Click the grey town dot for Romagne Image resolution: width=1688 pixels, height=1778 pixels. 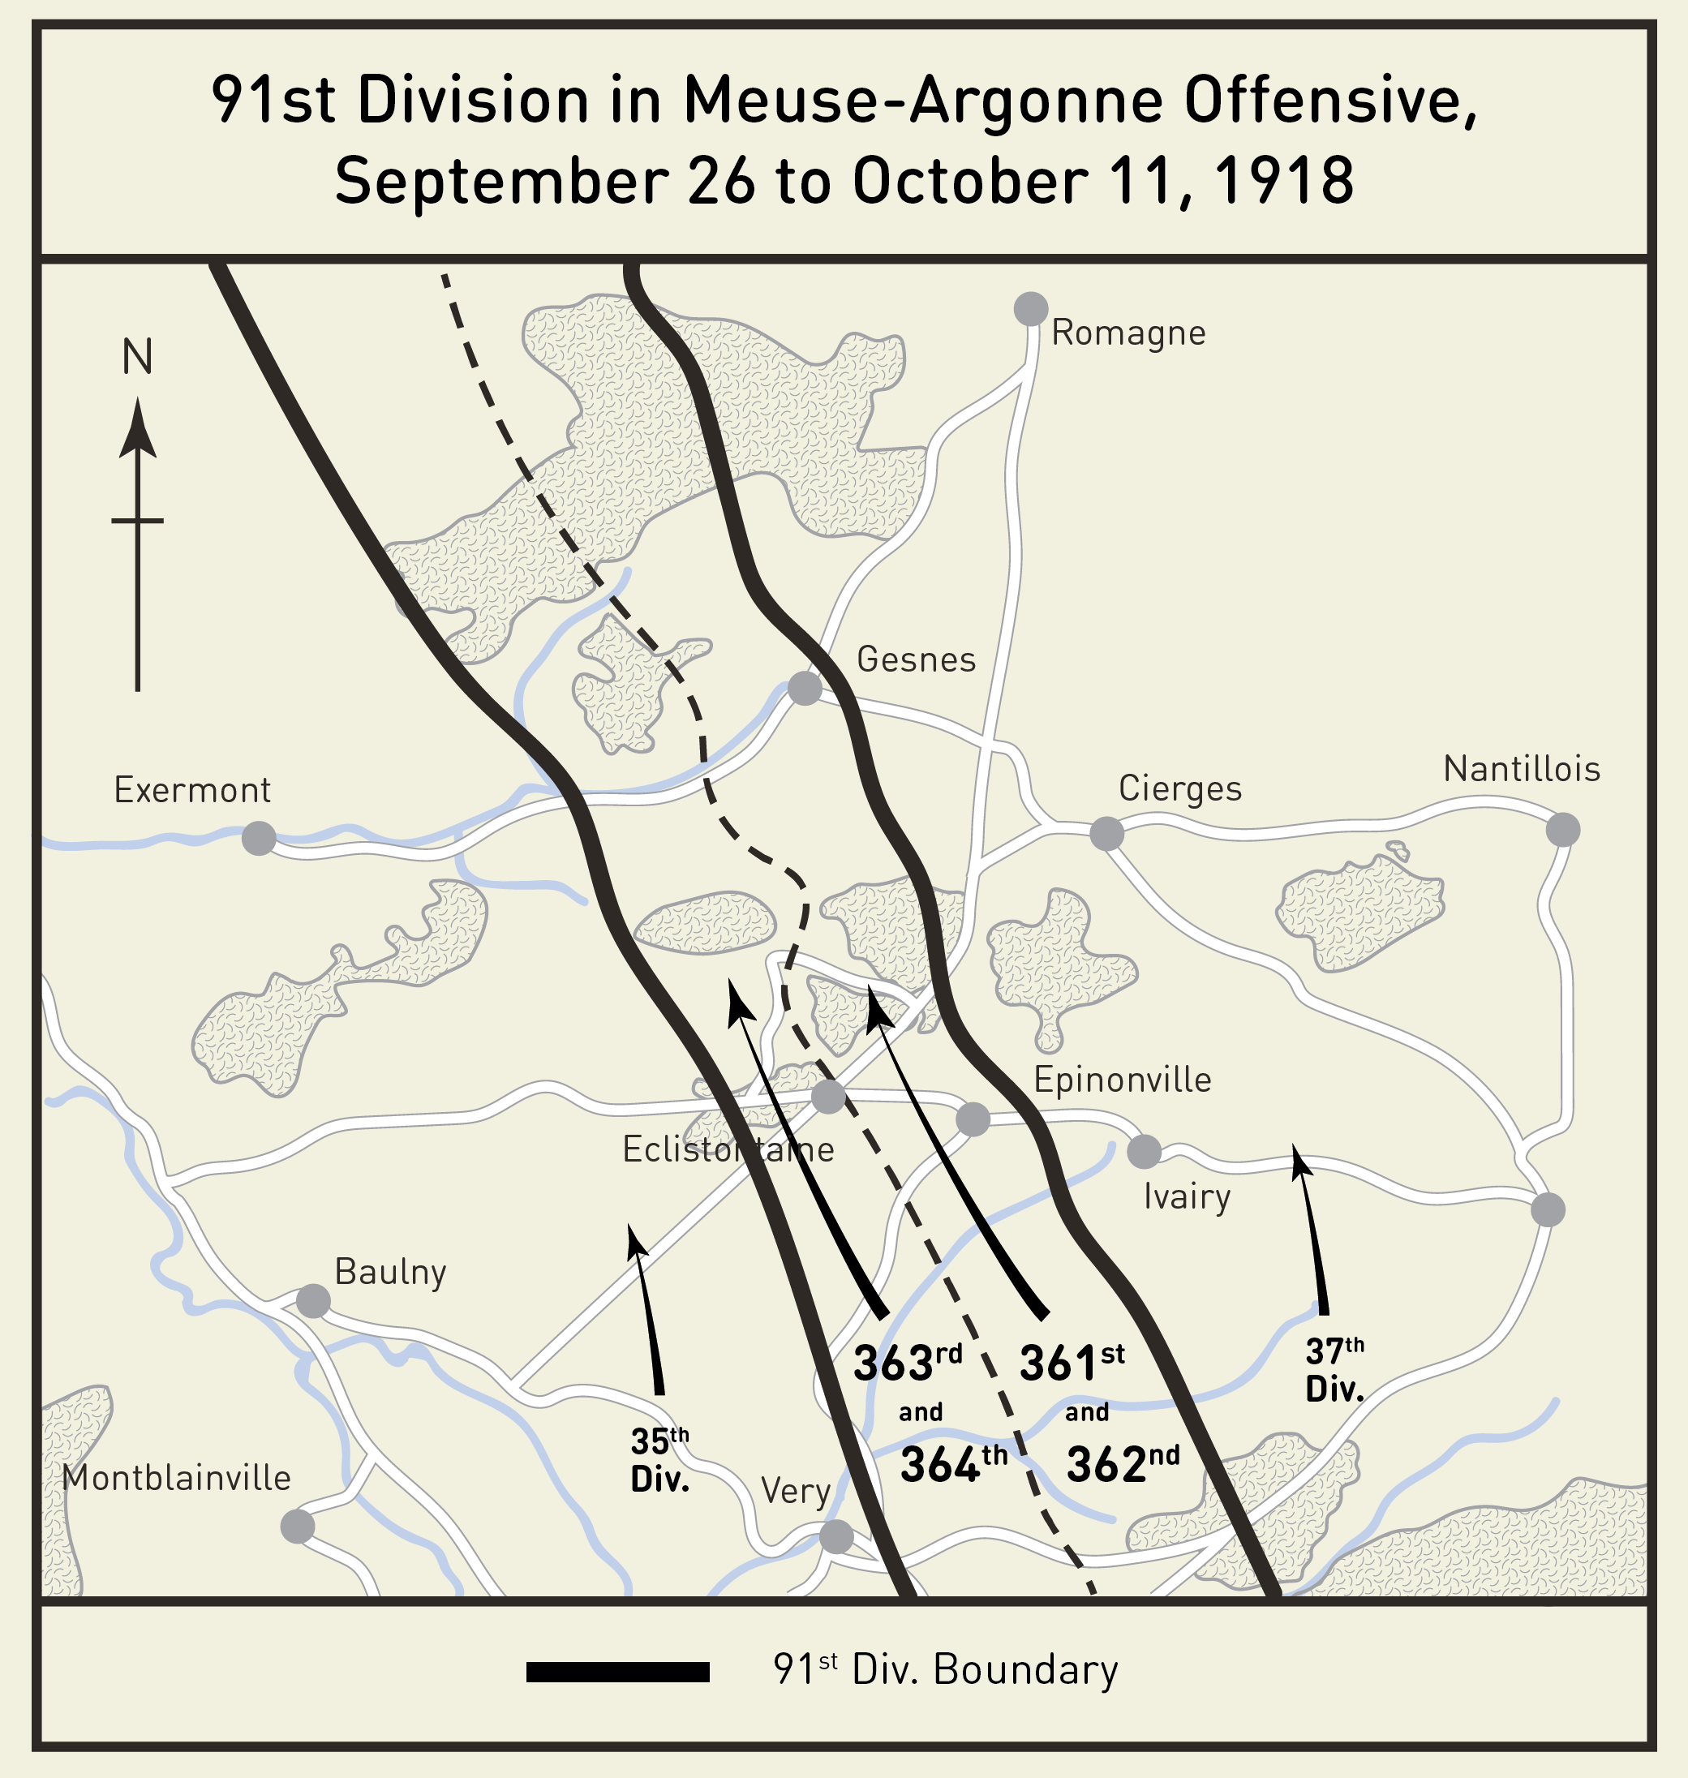click(1030, 308)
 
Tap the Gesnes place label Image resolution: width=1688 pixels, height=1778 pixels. click(916, 659)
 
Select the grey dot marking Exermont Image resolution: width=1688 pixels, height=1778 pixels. click(258, 839)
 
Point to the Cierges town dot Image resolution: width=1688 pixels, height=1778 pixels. click(1106, 833)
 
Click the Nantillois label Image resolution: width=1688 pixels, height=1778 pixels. click(1522, 769)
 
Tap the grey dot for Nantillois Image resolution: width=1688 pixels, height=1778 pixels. click(1563, 830)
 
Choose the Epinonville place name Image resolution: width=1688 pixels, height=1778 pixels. click(1122, 1080)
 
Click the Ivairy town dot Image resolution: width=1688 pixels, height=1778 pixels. click(1144, 1151)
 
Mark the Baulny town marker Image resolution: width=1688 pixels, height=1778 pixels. click(313, 1301)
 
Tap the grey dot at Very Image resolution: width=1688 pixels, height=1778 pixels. click(836, 1537)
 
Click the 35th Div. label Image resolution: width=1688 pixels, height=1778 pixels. click(659, 1460)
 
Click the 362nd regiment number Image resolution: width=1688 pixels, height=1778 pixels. click(1122, 1464)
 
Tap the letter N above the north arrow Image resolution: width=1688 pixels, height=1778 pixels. click(137, 357)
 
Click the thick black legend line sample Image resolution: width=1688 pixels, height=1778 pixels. click(617, 1672)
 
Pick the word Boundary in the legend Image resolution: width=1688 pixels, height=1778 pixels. click(1026, 1670)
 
